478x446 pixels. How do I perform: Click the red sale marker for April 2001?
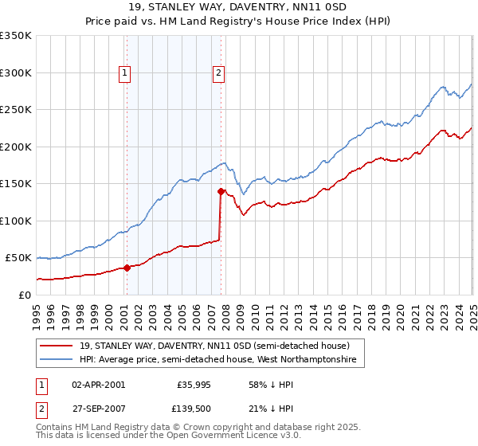click(x=127, y=268)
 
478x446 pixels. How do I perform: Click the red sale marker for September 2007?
click(x=221, y=191)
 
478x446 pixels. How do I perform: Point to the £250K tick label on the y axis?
click(x=16, y=110)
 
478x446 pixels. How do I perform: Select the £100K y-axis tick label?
click(x=16, y=221)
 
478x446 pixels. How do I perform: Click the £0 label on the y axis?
click(x=24, y=295)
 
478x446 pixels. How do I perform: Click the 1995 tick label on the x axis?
click(x=37, y=313)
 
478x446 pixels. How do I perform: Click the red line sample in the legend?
click(x=57, y=346)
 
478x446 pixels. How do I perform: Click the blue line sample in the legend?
click(x=57, y=360)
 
